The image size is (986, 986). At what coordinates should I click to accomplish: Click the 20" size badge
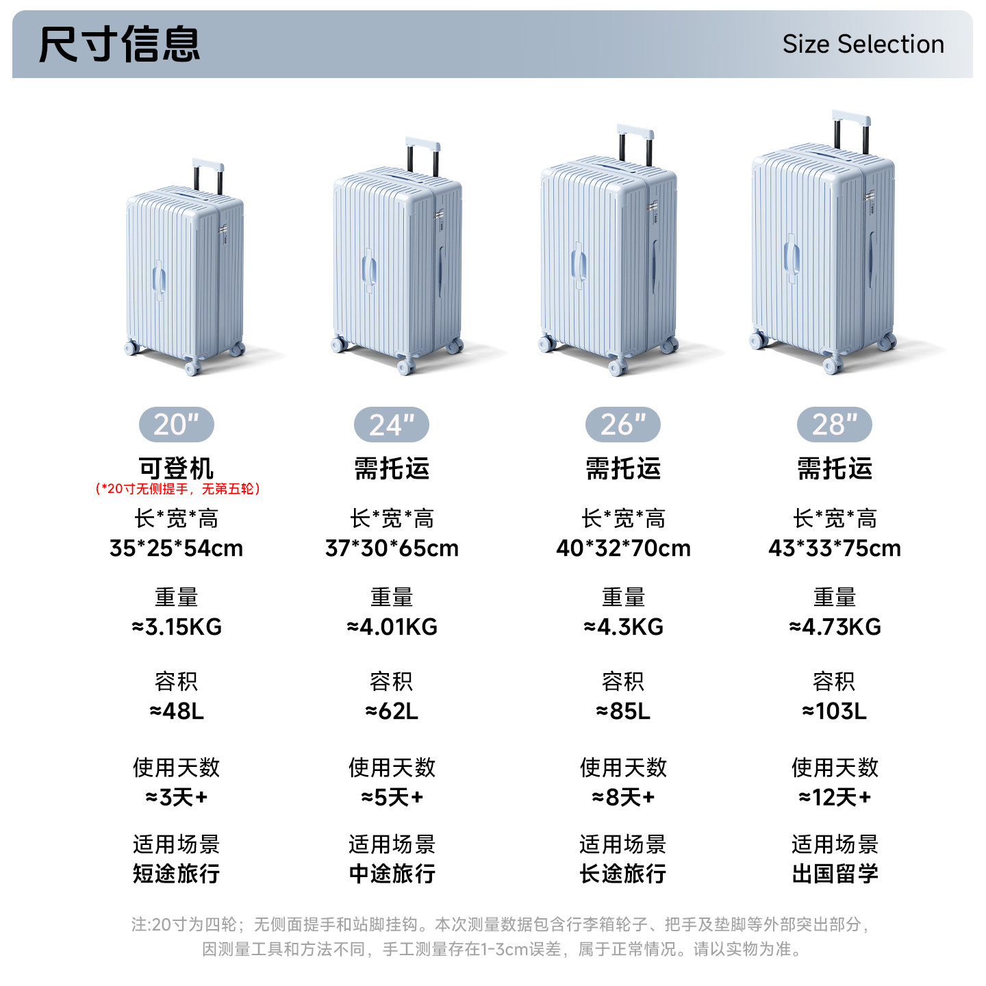coord(176,425)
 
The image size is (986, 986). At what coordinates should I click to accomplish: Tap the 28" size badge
coord(834,425)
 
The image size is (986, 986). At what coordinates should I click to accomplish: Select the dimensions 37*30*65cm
coord(392,548)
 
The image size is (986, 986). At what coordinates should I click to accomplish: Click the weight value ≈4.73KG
coord(835,627)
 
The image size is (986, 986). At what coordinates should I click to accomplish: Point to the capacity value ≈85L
coord(623,711)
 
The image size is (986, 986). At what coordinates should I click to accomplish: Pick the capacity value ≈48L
coord(177,711)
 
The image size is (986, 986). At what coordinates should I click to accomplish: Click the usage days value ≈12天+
coord(835,797)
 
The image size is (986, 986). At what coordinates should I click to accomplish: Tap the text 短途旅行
coord(177,874)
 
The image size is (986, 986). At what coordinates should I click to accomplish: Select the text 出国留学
coord(835,874)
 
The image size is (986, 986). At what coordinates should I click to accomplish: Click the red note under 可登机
coord(177,489)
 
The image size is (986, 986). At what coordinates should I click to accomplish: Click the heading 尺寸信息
coord(119,45)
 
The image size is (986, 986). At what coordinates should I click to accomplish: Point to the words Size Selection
coord(863,45)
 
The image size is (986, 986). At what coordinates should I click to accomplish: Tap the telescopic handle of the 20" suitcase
coord(208,166)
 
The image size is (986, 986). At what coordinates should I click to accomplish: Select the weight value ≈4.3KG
coord(623,627)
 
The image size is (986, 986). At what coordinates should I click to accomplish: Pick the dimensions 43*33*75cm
coord(835,548)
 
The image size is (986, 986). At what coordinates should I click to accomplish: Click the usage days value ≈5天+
coord(392,797)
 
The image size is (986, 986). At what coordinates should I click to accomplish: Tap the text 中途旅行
coord(392,874)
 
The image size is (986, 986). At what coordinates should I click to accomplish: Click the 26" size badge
coord(623,425)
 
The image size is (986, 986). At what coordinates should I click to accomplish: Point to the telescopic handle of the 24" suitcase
coord(422,146)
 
